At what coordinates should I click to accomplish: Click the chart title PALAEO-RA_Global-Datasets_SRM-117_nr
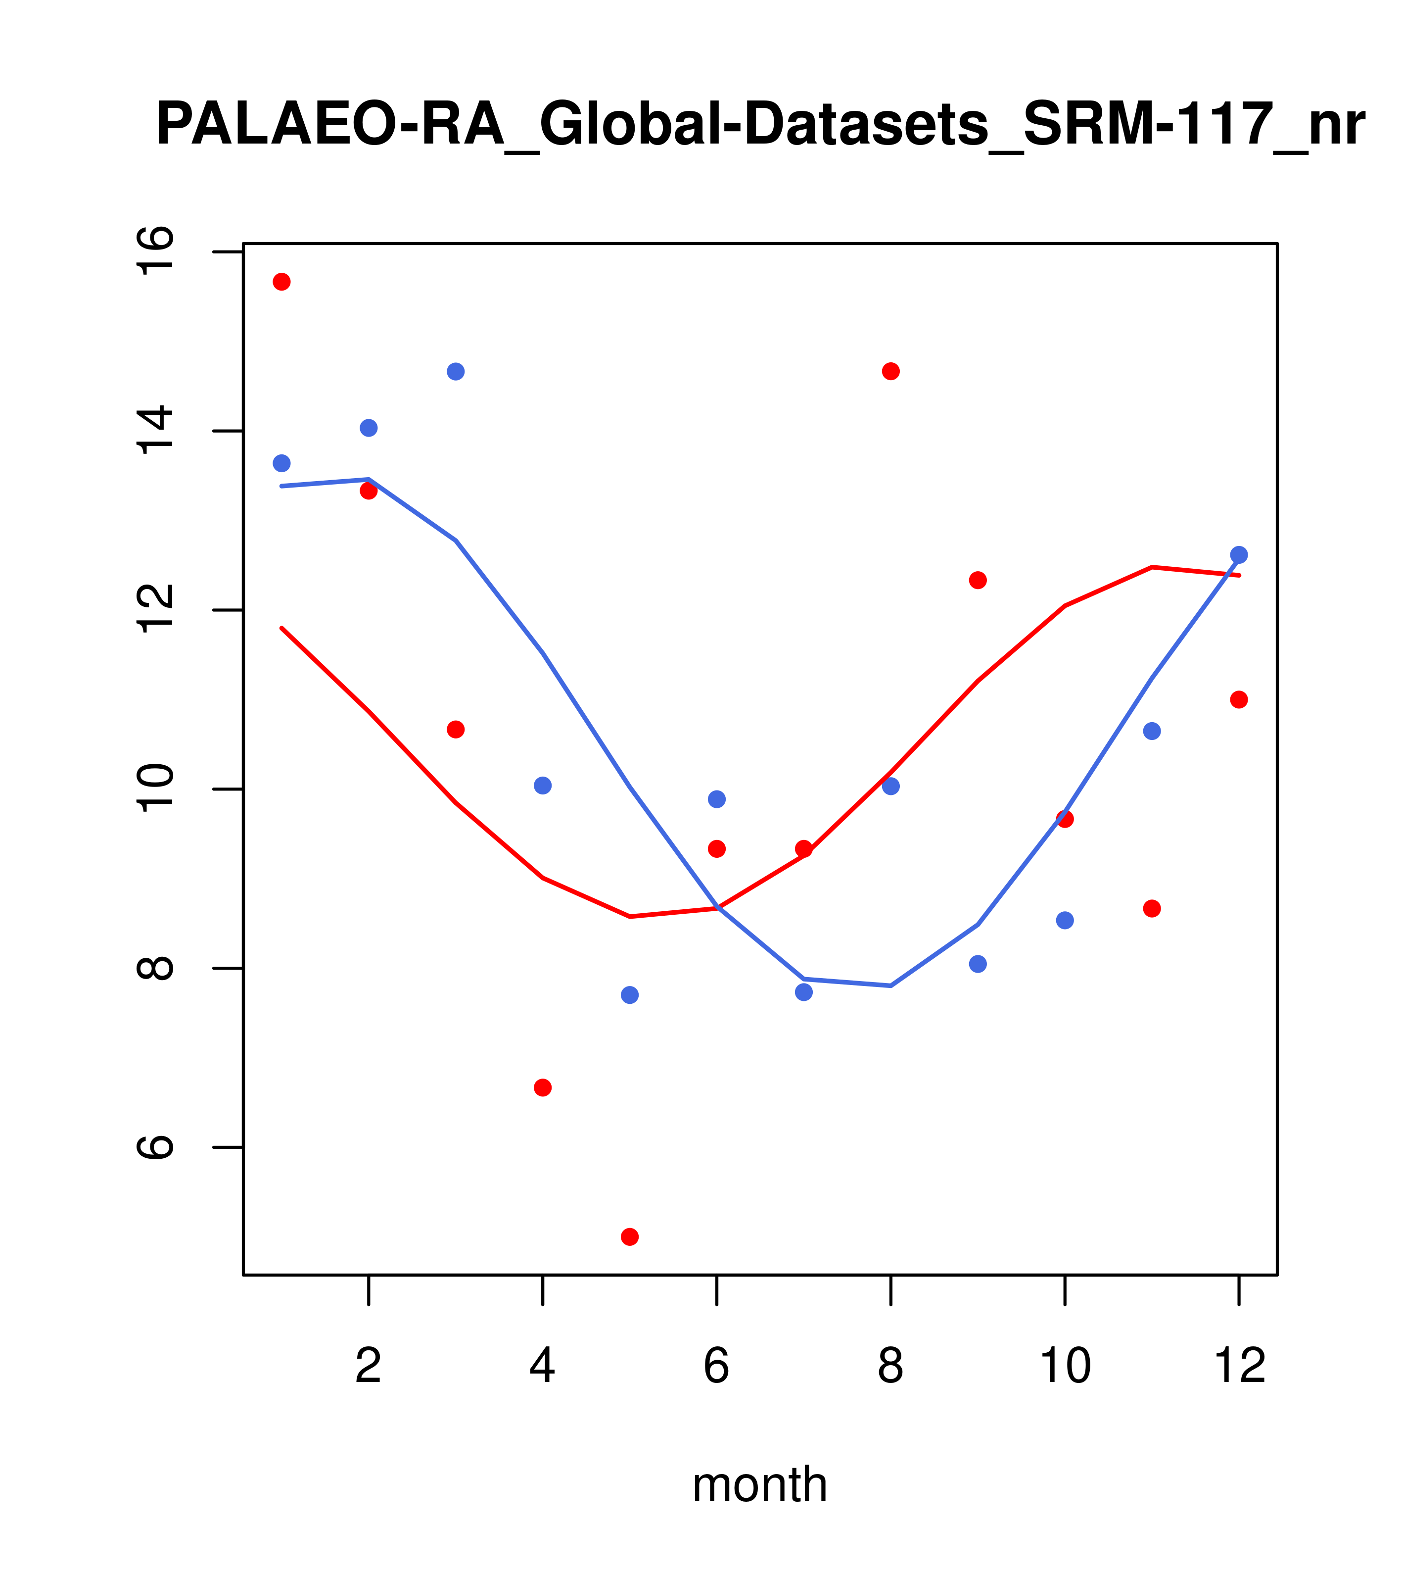(x=760, y=125)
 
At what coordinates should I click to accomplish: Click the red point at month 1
(x=281, y=282)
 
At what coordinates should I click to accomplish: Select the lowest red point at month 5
(x=630, y=1237)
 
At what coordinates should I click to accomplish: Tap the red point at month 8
(x=890, y=371)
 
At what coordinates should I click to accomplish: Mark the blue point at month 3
(x=456, y=371)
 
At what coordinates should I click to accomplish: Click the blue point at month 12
(x=1239, y=555)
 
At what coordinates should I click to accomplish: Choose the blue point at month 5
(x=630, y=995)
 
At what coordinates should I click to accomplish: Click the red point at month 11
(x=1152, y=909)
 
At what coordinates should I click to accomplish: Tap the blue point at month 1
(x=281, y=463)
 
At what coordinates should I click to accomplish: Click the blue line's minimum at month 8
(x=890, y=986)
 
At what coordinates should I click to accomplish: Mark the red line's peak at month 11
(x=1152, y=567)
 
